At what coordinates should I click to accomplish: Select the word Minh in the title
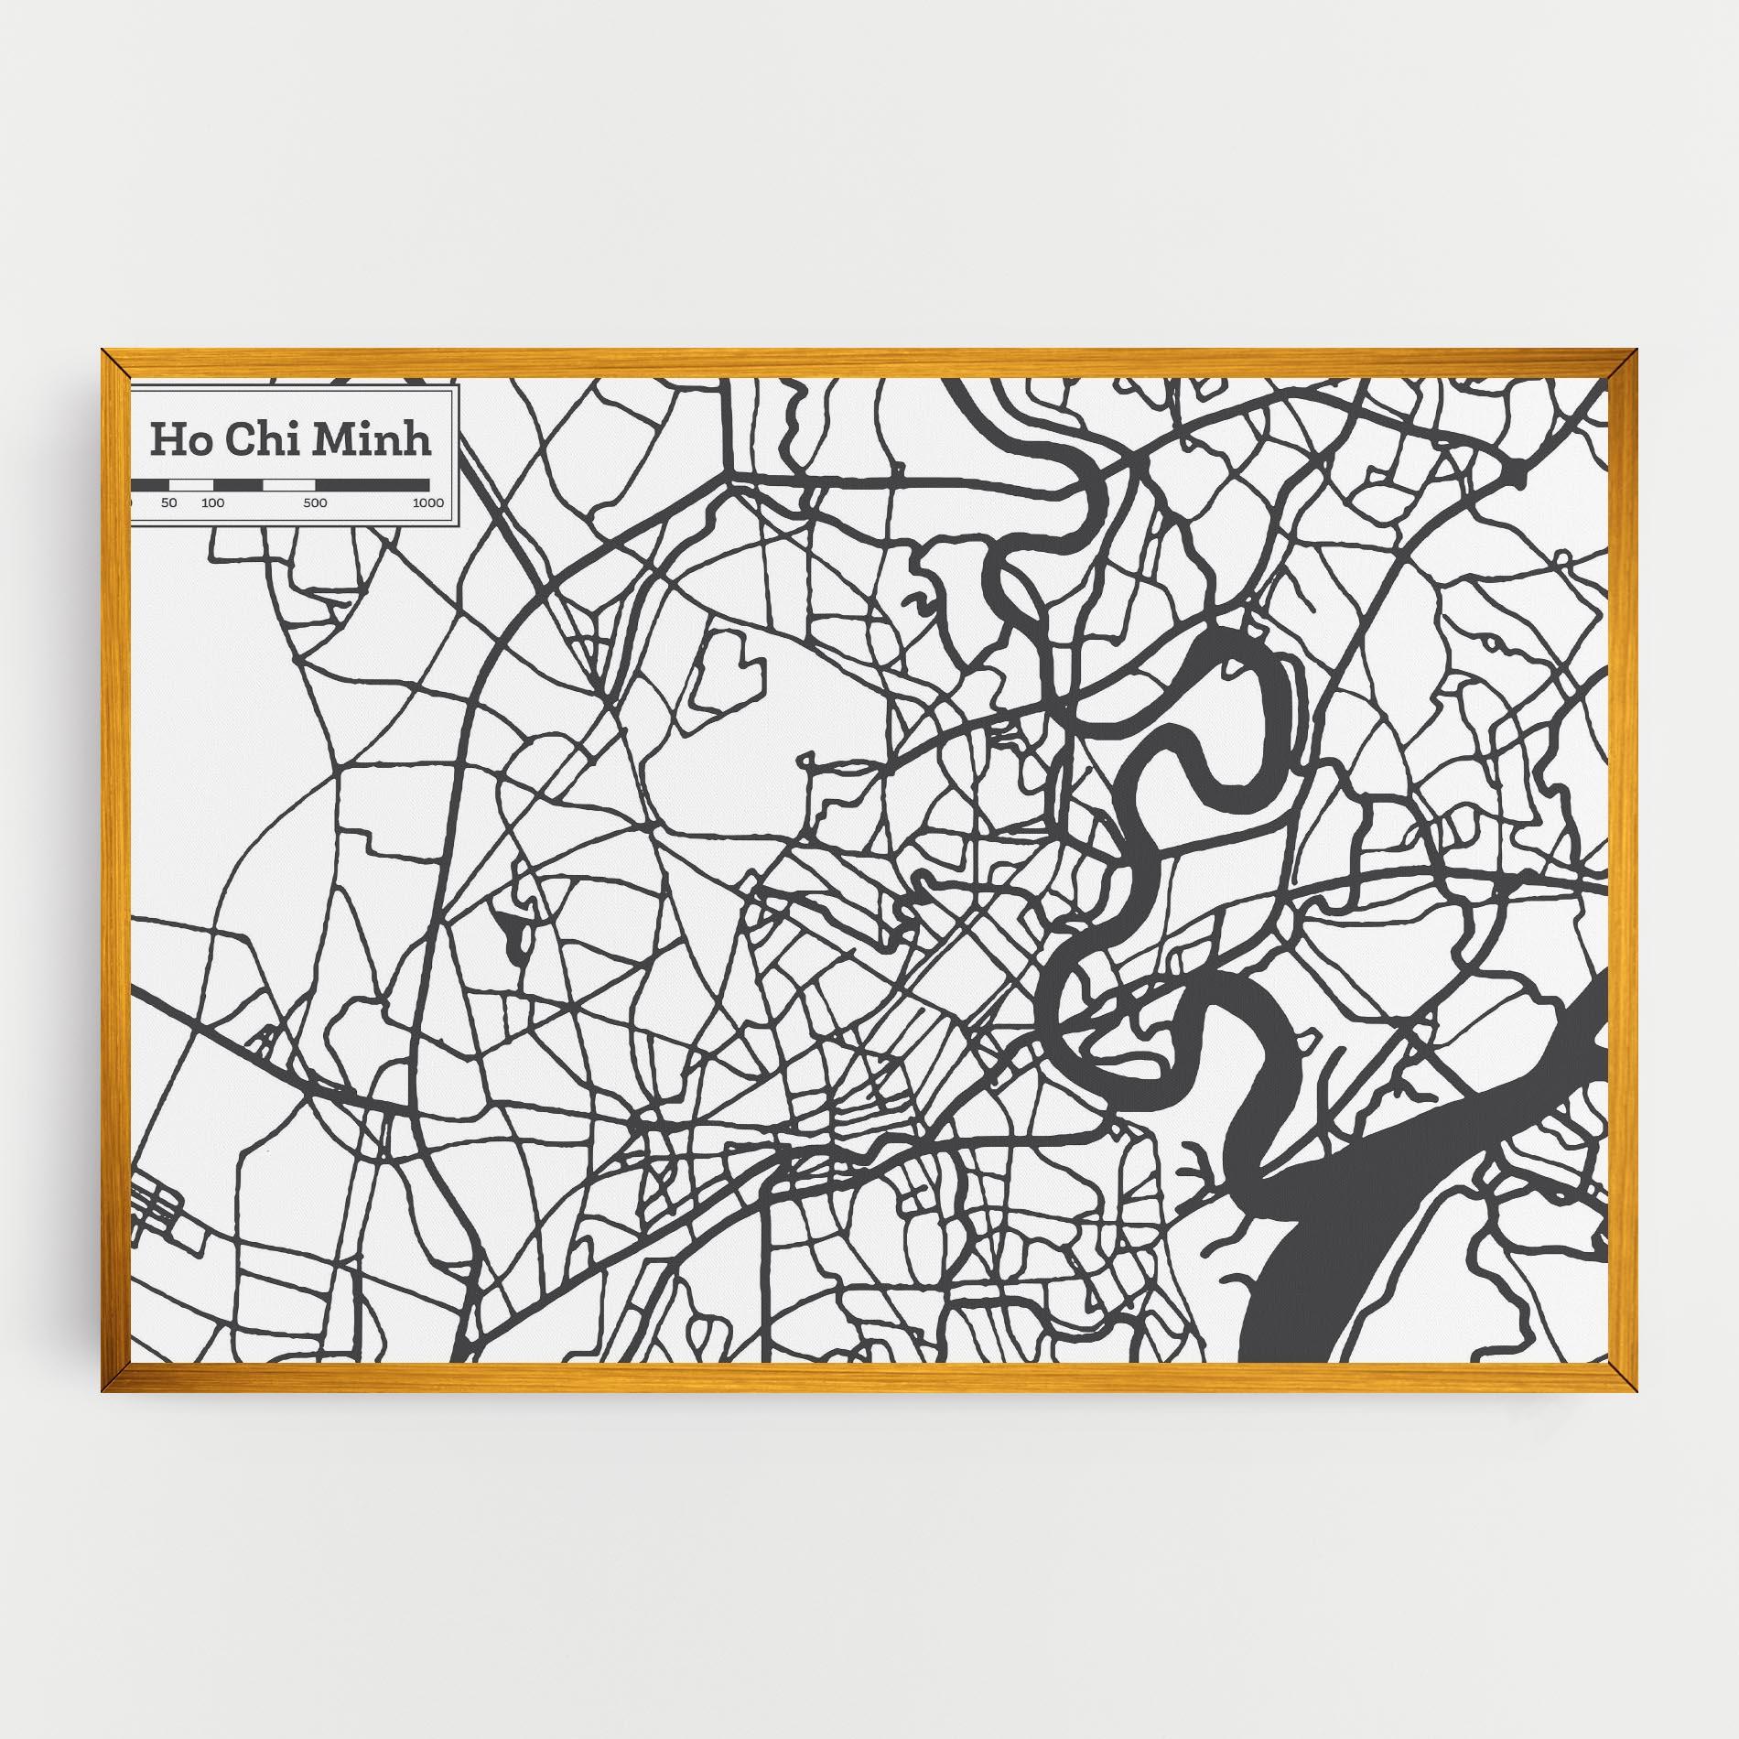tap(371, 439)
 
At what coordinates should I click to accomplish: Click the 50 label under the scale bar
tap(168, 503)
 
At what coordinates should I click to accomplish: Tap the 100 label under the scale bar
tap(212, 503)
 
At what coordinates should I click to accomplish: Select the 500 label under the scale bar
tap(315, 503)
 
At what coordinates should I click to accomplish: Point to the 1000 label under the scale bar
tap(427, 503)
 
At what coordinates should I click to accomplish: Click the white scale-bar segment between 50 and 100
tap(191, 484)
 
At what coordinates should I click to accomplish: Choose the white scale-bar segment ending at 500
tap(288, 484)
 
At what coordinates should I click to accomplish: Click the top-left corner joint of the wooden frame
tap(115, 362)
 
